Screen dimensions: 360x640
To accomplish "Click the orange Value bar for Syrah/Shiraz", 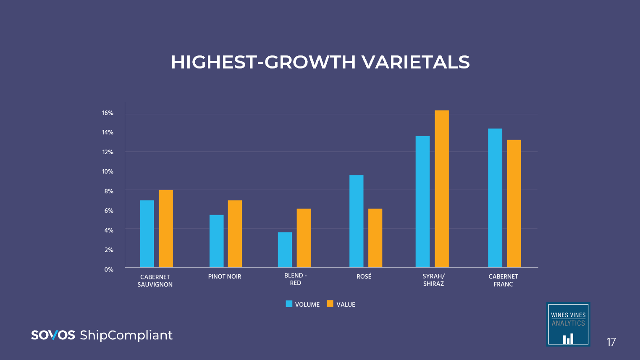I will coord(441,189).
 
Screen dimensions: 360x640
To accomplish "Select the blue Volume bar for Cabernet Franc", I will coord(495,198).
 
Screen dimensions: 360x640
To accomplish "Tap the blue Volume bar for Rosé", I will coord(356,221).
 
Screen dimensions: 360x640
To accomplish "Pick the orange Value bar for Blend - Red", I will coord(304,238).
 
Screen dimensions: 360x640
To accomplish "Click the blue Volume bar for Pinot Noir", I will coord(216,241).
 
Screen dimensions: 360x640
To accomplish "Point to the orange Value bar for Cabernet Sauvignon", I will coord(165,229).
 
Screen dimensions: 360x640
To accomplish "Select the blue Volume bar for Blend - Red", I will coord(285,250).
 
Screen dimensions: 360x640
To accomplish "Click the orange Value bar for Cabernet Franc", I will coord(514,203).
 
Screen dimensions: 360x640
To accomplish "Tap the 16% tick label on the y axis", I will coord(108,113).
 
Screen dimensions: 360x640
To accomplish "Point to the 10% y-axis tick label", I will coord(108,171).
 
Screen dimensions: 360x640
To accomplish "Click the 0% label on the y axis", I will coord(109,270).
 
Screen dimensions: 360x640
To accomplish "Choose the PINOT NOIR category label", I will coord(225,276).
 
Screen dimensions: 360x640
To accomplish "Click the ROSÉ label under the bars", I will coord(364,276).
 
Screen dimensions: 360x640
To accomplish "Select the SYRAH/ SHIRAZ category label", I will coord(433,280).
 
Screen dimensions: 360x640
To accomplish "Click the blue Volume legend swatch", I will coord(289,304).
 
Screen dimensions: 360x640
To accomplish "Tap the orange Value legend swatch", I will coord(330,304).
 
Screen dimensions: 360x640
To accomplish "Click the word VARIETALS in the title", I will coord(415,62).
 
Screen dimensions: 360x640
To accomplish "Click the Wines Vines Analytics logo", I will coord(568,324).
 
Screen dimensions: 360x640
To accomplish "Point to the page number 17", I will coord(611,342).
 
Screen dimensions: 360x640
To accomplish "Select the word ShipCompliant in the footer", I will coord(126,335).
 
